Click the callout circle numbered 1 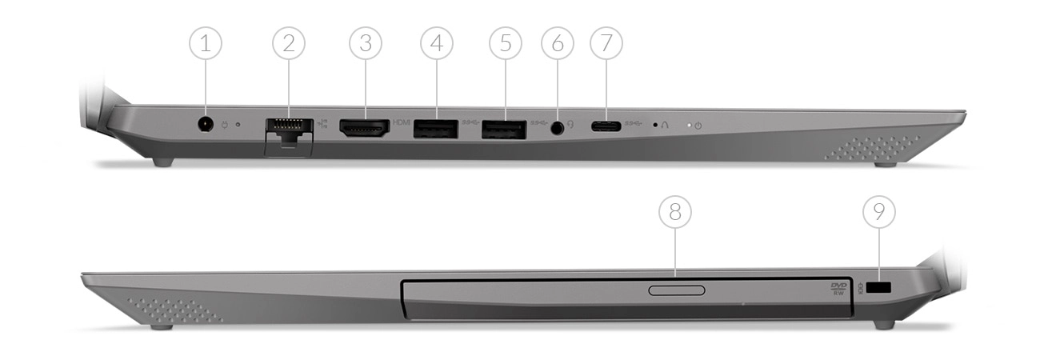tap(206, 44)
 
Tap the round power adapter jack tap(206, 124)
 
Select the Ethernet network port tap(288, 129)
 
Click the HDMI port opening tap(365, 127)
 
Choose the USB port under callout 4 tap(435, 128)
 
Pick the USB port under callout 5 tap(503, 128)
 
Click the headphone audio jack tap(557, 126)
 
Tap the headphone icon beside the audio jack tap(571, 125)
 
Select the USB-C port tap(606, 126)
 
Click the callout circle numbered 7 tap(606, 44)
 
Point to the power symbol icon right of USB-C tap(698, 126)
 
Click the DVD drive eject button tap(676, 290)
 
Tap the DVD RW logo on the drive tap(838, 288)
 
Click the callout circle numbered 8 tap(675, 212)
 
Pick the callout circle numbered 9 tap(879, 212)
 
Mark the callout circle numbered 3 tap(365, 44)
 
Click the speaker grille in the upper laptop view tap(872, 148)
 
